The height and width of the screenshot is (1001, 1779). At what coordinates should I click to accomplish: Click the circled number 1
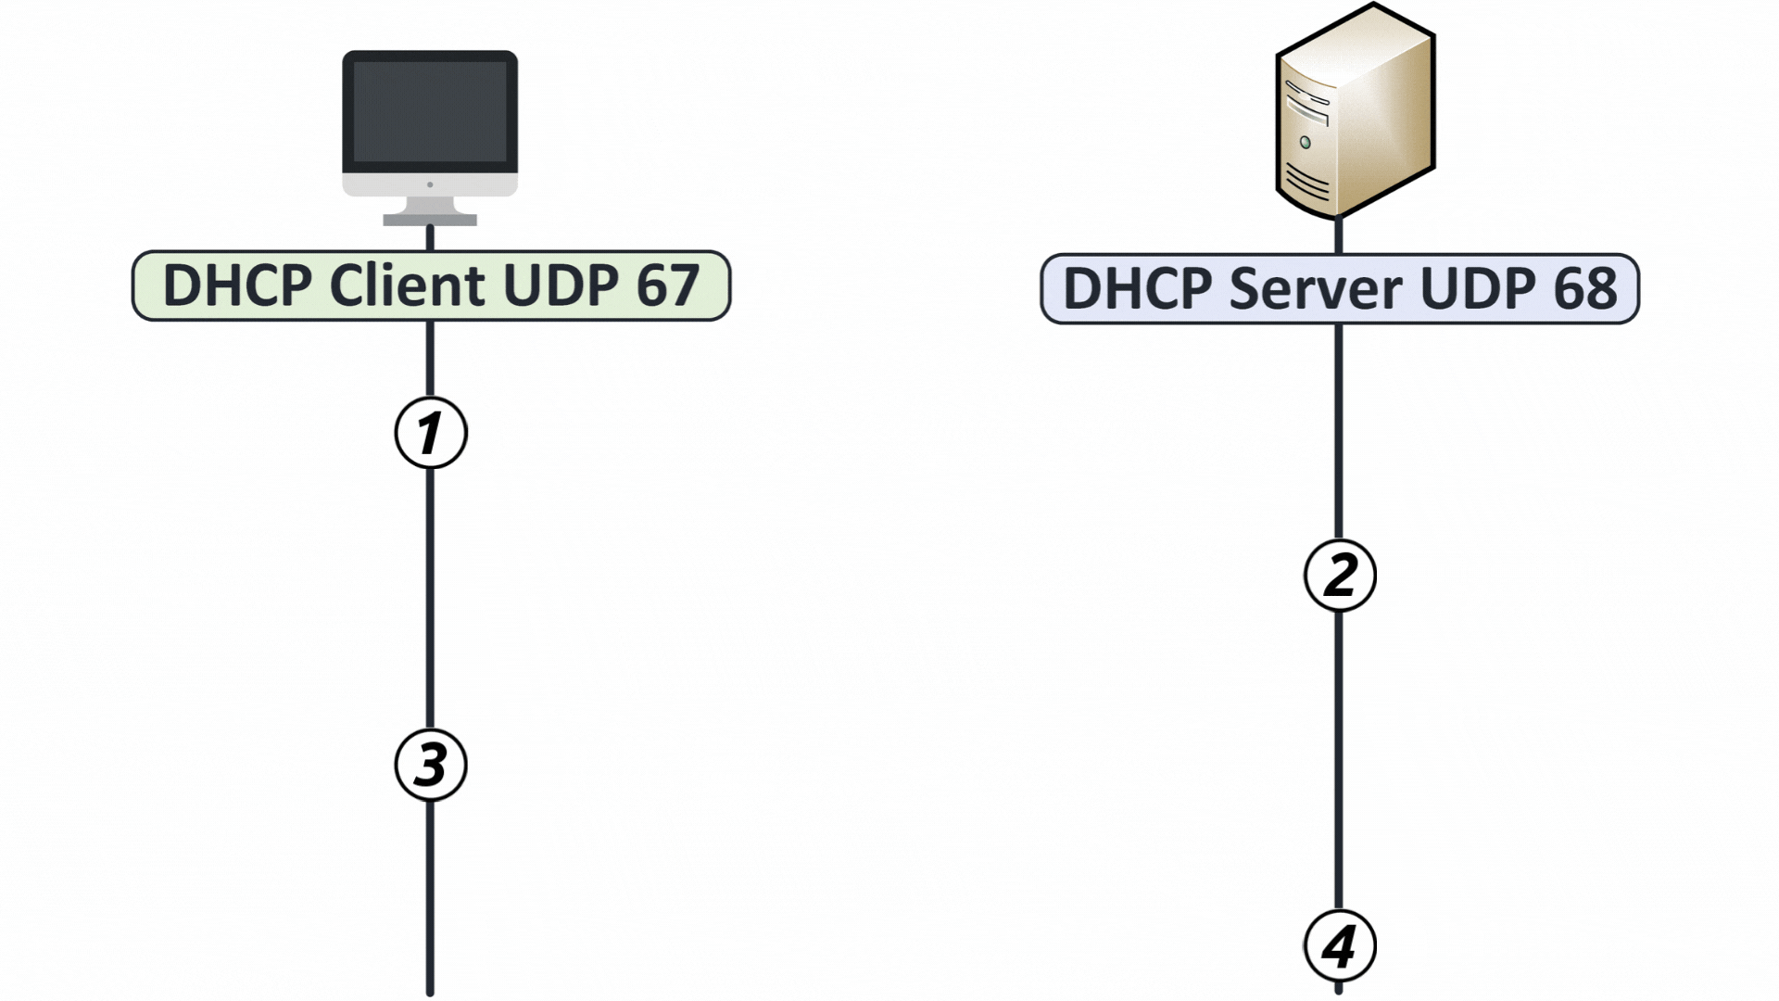431,433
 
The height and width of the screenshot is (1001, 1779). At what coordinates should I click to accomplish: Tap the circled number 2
1340,575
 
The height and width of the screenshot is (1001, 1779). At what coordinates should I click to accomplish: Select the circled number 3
431,766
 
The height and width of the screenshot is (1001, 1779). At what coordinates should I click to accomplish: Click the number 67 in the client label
667,285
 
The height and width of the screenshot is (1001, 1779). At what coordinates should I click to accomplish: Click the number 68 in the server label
1585,288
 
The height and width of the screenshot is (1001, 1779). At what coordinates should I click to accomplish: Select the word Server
1316,288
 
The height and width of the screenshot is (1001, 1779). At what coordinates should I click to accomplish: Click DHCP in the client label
237,285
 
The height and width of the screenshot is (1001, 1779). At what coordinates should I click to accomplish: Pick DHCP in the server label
1137,288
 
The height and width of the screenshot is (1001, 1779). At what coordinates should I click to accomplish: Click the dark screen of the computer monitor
430,112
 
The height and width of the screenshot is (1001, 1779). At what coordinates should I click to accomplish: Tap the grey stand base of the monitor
430,221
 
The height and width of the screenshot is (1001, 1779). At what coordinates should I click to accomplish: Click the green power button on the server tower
1306,143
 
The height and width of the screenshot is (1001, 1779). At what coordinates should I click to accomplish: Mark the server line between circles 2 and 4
1339,760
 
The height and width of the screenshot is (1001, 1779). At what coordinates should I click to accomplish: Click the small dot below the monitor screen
430,184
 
